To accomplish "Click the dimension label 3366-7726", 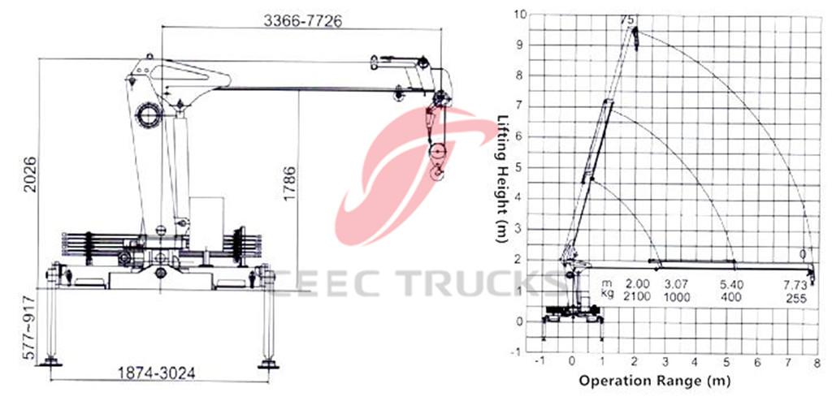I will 301,21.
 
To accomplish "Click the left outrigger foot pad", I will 53,361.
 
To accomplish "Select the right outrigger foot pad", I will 267,363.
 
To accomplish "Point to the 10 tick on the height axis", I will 519,14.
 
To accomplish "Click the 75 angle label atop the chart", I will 626,18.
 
